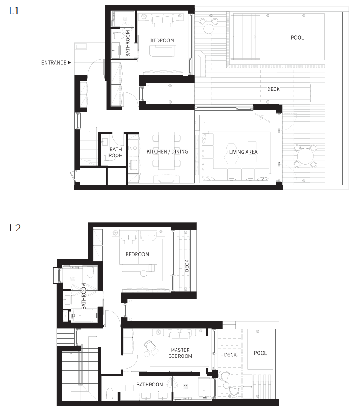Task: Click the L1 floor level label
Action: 14,10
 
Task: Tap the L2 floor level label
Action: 15,228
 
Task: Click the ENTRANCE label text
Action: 54,63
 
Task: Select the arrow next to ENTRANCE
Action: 69,63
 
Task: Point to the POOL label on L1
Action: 297,37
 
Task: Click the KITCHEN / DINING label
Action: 167,151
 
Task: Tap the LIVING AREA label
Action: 243,152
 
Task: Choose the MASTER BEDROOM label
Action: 180,353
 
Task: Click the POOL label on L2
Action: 260,353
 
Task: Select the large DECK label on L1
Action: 274,89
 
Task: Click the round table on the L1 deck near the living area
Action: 305,156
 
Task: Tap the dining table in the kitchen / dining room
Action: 167,150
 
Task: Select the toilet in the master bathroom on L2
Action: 110,393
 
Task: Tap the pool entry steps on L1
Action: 244,37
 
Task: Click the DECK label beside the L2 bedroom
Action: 187,266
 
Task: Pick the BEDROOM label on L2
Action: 137,254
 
